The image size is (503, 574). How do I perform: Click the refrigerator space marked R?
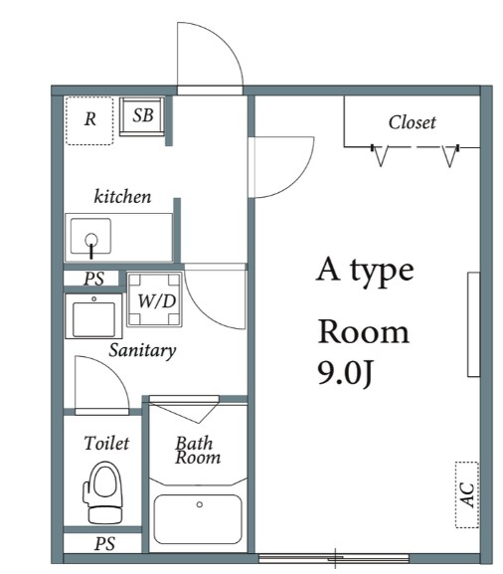pos(89,120)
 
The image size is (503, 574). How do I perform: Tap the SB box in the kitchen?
pos(142,116)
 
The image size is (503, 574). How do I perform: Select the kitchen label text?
pos(122,196)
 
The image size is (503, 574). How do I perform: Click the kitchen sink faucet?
pos(91,244)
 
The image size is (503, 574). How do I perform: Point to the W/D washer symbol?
pos(155,299)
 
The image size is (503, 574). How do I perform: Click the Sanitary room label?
pos(142,350)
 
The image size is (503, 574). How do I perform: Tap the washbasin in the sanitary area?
pos(93,316)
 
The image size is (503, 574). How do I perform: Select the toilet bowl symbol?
pos(103,492)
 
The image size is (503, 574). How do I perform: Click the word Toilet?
pos(106,444)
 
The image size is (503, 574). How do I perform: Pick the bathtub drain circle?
pos(200,504)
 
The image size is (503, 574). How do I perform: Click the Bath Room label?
pos(198,451)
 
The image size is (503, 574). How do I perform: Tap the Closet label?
pos(412,122)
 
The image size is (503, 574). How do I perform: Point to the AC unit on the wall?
pos(467,495)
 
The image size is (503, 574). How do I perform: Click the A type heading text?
pos(365,271)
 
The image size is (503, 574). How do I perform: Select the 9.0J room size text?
pos(345,373)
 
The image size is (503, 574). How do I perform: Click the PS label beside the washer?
pos(94,279)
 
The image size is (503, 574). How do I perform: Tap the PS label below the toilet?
pos(104,543)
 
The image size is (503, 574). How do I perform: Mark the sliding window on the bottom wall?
pos(334,559)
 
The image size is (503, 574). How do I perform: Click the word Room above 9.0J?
pos(363,331)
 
